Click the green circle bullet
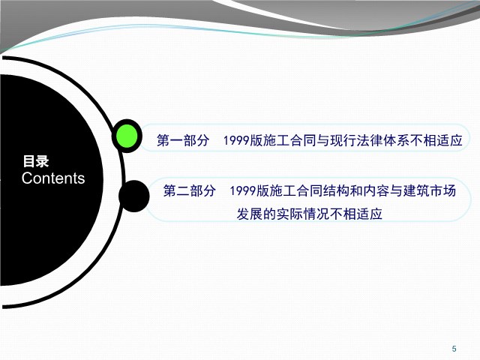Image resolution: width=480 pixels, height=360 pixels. [x=127, y=136]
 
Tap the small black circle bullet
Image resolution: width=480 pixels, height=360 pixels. [x=134, y=196]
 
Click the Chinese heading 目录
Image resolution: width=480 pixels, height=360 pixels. [x=36, y=161]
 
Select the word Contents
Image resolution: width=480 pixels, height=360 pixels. [x=53, y=178]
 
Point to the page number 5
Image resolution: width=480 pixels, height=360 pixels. [x=454, y=348]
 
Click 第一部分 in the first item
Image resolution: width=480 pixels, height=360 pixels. [x=183, y=140]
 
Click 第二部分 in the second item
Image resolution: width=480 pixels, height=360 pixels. [x=190, y=190]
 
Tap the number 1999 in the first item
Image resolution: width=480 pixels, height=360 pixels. [x=236, y=140]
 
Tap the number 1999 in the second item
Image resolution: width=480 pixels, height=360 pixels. [x=243, y=190]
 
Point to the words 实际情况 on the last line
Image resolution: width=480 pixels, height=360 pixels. [x=303, y=214]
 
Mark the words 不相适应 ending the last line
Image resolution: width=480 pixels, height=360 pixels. [x=356, y=214]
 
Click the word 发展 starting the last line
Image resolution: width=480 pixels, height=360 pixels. [x=250, y=214]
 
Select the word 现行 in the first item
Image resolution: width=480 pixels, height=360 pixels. [x=343, y=140]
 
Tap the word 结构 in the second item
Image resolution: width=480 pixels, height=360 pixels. [x=337, y=190]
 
